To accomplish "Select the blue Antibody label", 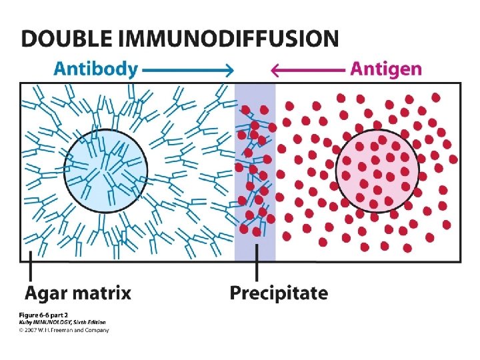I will coord(96,69).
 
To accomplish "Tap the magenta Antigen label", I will coord(386,69).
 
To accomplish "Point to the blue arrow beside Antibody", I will coord(187,69).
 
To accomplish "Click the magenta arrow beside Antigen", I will coord(307,69).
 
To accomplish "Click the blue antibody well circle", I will coord(106,169).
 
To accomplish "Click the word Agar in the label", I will coord(46,293).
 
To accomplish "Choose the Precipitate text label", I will coord(279,293).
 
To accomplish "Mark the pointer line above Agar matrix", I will coord(30,270).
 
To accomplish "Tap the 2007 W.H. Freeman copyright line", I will coord(64,329).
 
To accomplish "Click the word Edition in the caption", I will coord(95,322).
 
